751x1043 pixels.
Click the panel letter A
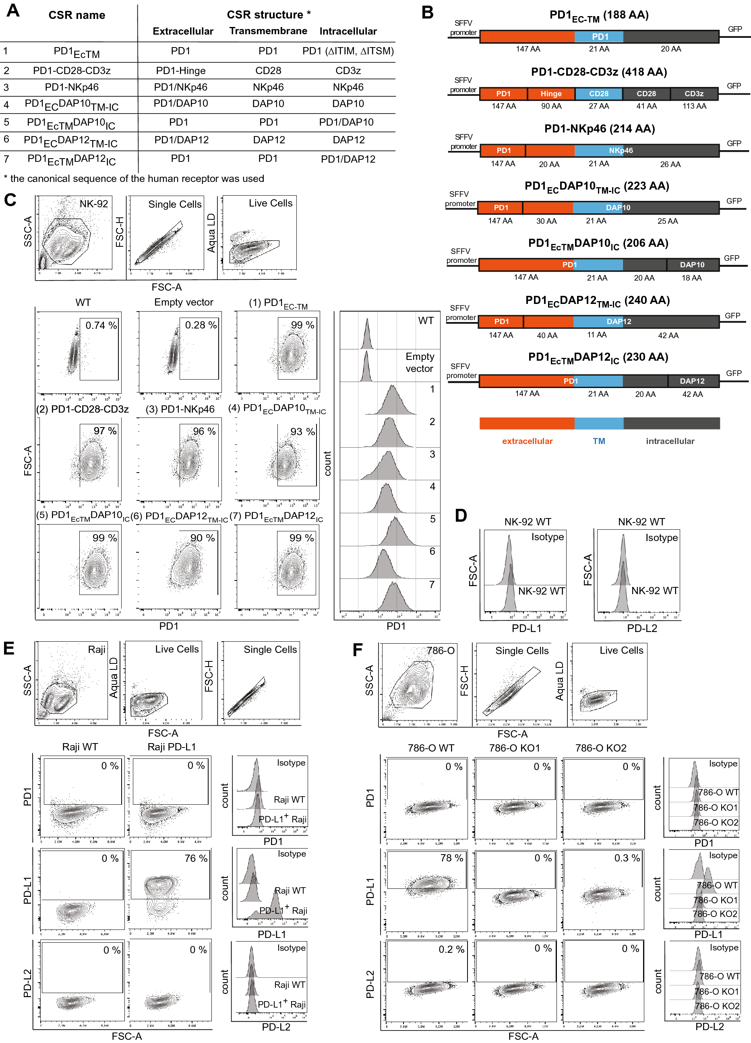click(13, 10)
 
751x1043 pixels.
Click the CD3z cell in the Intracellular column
click(348, 70)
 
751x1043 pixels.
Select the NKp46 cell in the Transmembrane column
click(268, 87)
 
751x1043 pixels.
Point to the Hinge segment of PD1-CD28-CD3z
click(551, 94)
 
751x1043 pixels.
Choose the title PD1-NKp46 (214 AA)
click(599, 129)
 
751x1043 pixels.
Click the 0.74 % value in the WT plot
click(101, 325)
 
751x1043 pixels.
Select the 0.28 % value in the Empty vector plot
click(201, 325)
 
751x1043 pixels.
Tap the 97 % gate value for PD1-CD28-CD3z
click(105, 431)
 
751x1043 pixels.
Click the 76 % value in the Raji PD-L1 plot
click(196, 858)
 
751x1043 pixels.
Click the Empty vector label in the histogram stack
click(420, 362)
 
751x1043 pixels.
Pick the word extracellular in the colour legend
click(527, 441)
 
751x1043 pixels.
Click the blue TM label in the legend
click(599, 441)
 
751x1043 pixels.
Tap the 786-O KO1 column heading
click(514, 748)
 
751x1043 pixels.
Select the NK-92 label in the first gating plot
click(93, 204)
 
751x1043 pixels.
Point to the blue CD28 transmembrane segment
click(598, 94)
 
